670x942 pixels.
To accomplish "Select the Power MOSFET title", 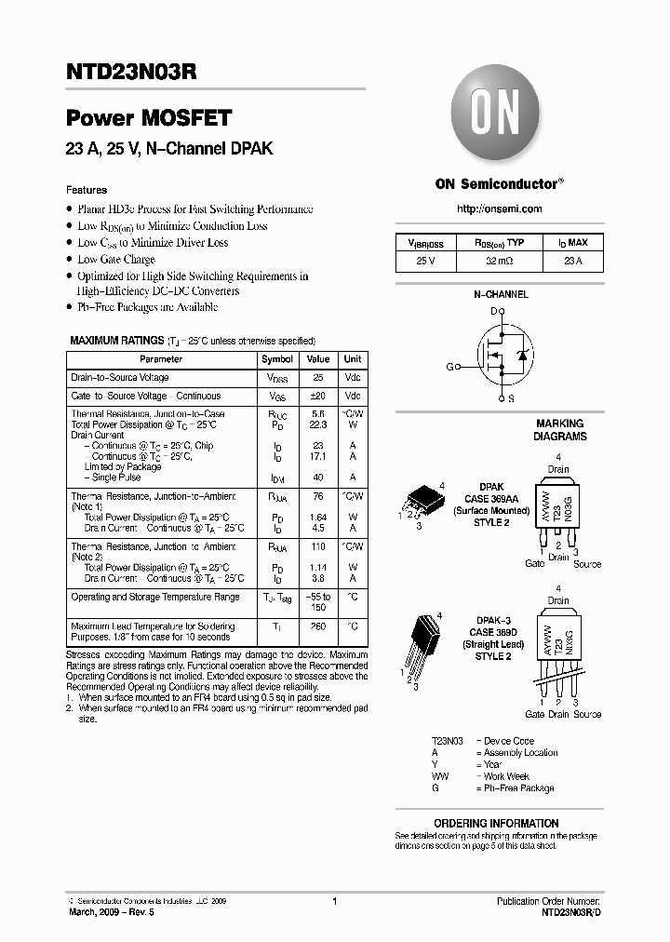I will coord(148,118).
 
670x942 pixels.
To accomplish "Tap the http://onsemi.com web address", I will coord(500,209).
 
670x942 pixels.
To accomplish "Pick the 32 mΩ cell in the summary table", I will coord(500,262).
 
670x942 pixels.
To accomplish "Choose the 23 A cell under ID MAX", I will coord(572,262).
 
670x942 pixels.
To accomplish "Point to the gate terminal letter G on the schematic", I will coord(449,367).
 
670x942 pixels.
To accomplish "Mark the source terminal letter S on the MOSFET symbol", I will coord(511,398).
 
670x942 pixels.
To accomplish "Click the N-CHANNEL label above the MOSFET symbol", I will coord(501,294).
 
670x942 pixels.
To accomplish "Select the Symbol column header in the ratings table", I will coord(277,359).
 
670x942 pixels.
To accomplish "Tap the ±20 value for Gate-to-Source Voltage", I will coord(318,396).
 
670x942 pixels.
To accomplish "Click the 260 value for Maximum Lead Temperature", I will coord(318,627).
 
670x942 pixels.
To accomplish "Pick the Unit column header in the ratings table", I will coord(353,359).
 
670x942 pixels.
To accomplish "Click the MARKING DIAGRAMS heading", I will coord(559,429).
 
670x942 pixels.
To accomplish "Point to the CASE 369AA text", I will coord(491,499).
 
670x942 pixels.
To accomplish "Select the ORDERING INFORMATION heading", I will coord(496,823).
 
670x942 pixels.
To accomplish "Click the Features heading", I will coord(87,190).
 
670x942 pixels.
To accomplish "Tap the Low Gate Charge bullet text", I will coord(116,260).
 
